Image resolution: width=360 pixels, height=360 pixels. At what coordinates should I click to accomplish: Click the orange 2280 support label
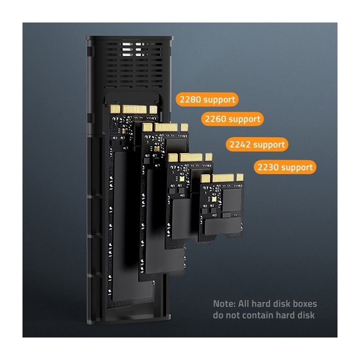click(207, 99)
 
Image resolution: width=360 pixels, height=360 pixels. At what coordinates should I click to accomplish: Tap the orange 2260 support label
click(232, 119)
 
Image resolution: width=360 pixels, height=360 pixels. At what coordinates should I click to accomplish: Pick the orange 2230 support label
click(284, 167)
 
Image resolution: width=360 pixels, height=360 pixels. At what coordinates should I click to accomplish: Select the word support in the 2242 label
click(269, 145)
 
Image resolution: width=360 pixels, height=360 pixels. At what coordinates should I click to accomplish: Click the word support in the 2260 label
click(244, 119)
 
